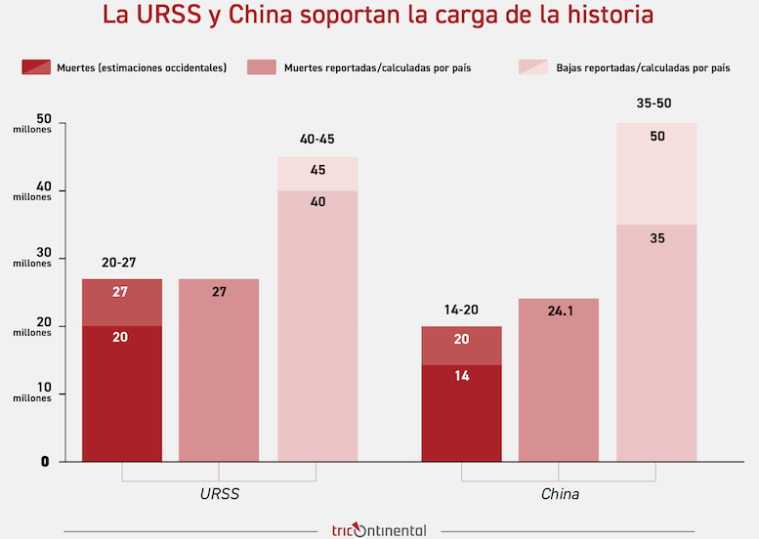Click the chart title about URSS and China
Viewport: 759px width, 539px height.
pos(378,17)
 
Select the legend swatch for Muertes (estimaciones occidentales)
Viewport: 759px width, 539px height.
pos(36,67)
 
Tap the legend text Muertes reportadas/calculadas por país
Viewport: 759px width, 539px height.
pos(377,68)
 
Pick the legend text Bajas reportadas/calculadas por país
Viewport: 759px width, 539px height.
pos(644,68)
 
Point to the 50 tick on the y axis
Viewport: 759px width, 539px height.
pos(43,119)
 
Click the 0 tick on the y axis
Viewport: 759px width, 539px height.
pos(44,461)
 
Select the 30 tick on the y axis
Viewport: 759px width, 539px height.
pos(43,255)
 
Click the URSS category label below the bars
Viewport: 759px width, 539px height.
pos(219,494)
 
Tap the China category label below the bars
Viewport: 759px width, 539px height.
pos(560,494)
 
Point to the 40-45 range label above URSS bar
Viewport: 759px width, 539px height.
pos(316,140)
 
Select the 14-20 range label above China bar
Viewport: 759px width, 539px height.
pos(461,310)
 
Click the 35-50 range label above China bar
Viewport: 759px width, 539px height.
pos(654,103)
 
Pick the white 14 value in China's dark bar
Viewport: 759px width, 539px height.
pos(461,376)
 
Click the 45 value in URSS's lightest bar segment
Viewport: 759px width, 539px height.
pos(317,170)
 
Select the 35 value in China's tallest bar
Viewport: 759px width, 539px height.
pos(656,238)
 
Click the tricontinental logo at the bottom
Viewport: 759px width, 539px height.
pos(378,530)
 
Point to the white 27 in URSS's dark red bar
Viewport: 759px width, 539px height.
pos(121,292)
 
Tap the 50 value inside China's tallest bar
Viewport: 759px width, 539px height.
pos(656,136)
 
